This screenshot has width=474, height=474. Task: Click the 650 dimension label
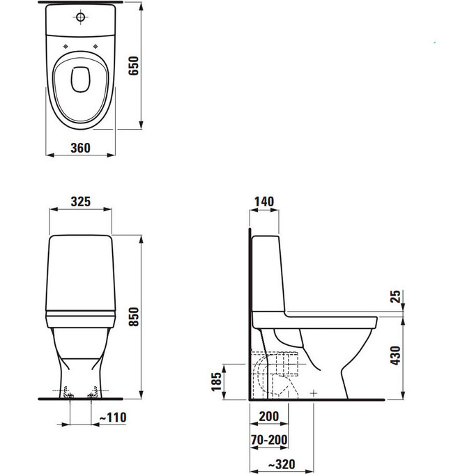(133, 66)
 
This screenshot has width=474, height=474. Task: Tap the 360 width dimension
(80, 148)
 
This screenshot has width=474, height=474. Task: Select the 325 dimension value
(81, 201)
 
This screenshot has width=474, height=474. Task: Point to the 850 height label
(134, 316)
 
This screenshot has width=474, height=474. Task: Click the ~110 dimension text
(113, 418)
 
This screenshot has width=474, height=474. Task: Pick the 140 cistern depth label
(264, 201)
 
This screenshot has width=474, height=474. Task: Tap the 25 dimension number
(395, 296)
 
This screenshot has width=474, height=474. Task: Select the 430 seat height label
(395, 355)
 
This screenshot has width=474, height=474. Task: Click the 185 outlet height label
(217, 382)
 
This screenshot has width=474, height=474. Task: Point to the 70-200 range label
(269, 440)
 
